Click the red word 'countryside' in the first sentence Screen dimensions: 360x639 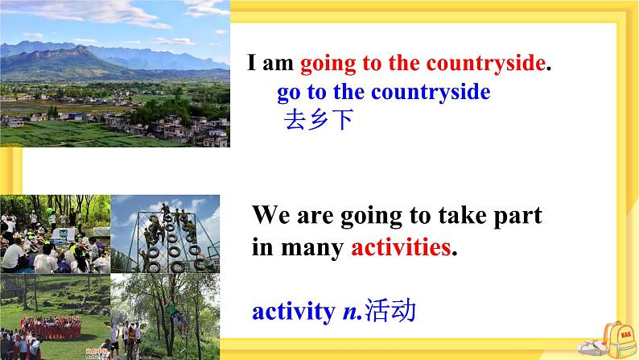click(485, 64)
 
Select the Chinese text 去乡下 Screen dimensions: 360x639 click(318, 120)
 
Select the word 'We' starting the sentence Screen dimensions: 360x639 click(270, 215)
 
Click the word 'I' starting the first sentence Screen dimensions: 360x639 click(253, 64)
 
